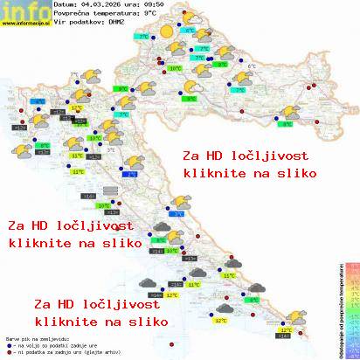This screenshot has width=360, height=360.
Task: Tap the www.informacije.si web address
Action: [x=25, y=24]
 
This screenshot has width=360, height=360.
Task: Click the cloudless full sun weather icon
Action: [x=164, y=32]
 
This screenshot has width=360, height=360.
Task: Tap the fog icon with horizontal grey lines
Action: [x=110, y=190]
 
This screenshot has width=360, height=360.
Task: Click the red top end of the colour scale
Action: [x=351, y=262]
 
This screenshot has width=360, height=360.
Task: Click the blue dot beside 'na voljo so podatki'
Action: [x=8, y=343]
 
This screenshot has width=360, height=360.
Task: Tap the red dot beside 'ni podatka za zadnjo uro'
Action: [x=8, y=349]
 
